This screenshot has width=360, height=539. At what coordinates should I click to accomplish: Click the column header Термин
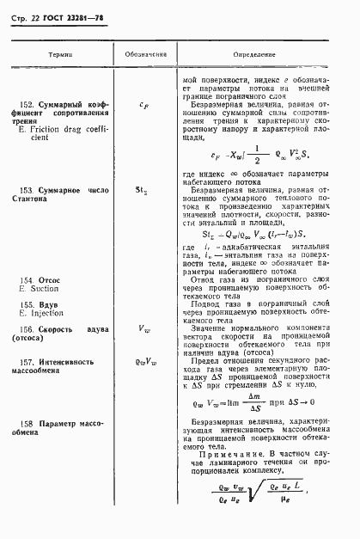pos(60,53)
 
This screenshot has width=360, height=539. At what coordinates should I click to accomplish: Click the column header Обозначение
pos(145,53)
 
